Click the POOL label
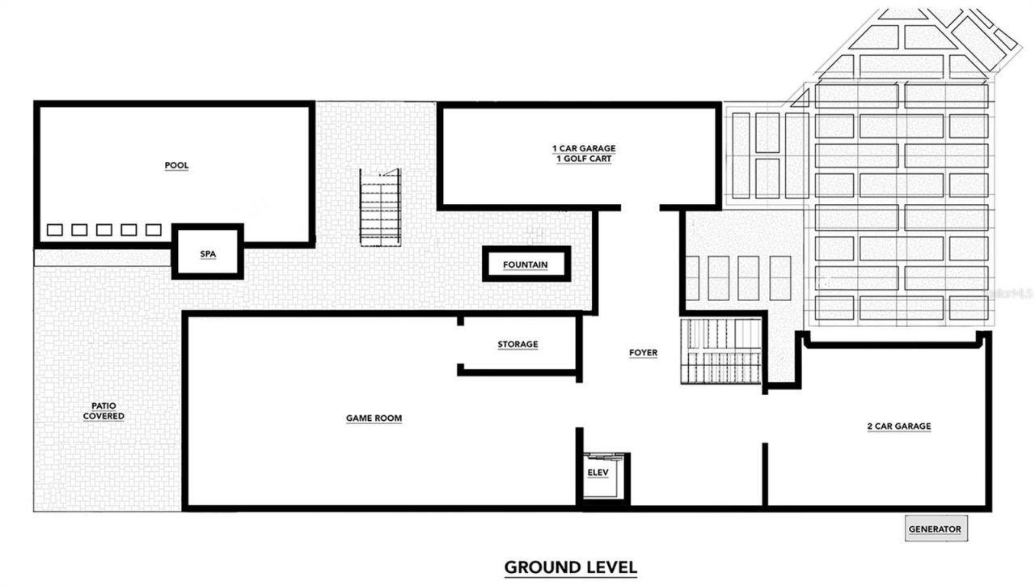[x=176, y=166]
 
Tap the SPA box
[x=208, y=253]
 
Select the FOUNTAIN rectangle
[x=526, y=265]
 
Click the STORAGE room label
[x=517, y=345]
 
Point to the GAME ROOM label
[x=374, y=418]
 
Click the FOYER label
[x=643, y=353]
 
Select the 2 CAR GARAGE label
[x=898, y=427]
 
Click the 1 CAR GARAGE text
[x=584, y=149]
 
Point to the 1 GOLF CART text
[x=584, y=159]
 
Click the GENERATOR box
[x=935, y=529]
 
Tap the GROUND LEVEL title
[x=570, y=567]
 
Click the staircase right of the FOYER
[x=721, y=351]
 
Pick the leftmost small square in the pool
[x=54, y=230]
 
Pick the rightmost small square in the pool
[x=153, y=230]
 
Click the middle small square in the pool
[x=103, y=230]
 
